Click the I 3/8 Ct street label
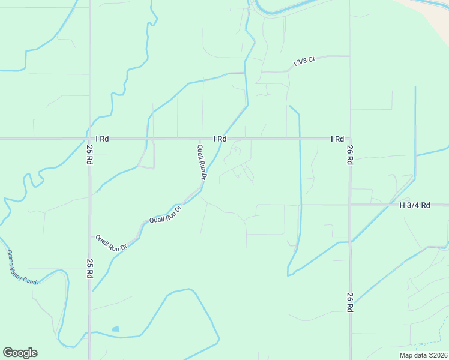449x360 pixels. [304, 62]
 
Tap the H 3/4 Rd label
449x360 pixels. [415, 205]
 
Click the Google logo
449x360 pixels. [20, 353]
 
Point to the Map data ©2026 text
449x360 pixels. [423, 355]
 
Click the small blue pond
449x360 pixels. [115, 329]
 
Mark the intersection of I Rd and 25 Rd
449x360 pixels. [90, 139]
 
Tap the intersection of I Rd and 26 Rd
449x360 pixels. [349, 139]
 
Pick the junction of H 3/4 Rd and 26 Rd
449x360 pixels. [350, 205]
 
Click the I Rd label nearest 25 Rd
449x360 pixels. [101, 139]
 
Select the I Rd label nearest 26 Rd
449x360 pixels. [337, 139]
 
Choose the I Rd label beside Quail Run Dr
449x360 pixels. [220, 139]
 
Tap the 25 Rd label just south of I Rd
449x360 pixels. [89, 155]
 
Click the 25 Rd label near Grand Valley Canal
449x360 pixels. [89, 268]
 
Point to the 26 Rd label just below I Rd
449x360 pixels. [349, 155]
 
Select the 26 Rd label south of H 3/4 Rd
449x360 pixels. [349, 302]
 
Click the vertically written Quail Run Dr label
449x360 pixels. [202, 162]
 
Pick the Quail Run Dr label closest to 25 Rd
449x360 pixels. [112, 242]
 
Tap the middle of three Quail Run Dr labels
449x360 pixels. [165, 216]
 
